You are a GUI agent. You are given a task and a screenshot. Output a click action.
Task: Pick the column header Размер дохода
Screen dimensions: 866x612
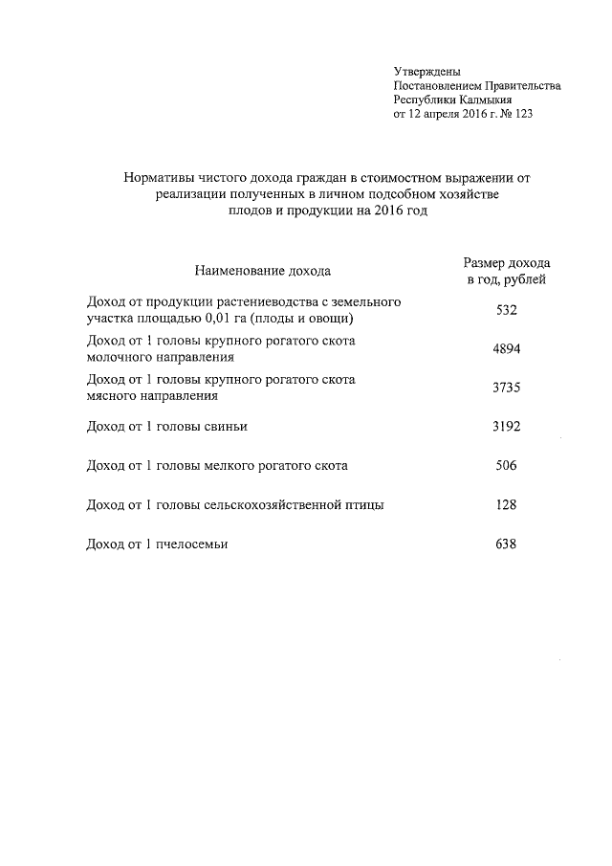(x=506, y=262)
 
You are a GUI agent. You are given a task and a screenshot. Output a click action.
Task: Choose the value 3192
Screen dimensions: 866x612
(x=506, y=426)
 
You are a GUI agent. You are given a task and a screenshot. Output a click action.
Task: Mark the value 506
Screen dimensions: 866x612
(x=506, y=466)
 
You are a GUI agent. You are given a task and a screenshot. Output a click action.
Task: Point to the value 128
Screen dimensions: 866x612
(x=506, y=504)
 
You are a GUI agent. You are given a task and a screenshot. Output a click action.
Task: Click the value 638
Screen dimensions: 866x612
(x=506, y=544)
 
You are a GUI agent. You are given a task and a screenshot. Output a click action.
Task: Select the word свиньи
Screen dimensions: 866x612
(x=239, y=426)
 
